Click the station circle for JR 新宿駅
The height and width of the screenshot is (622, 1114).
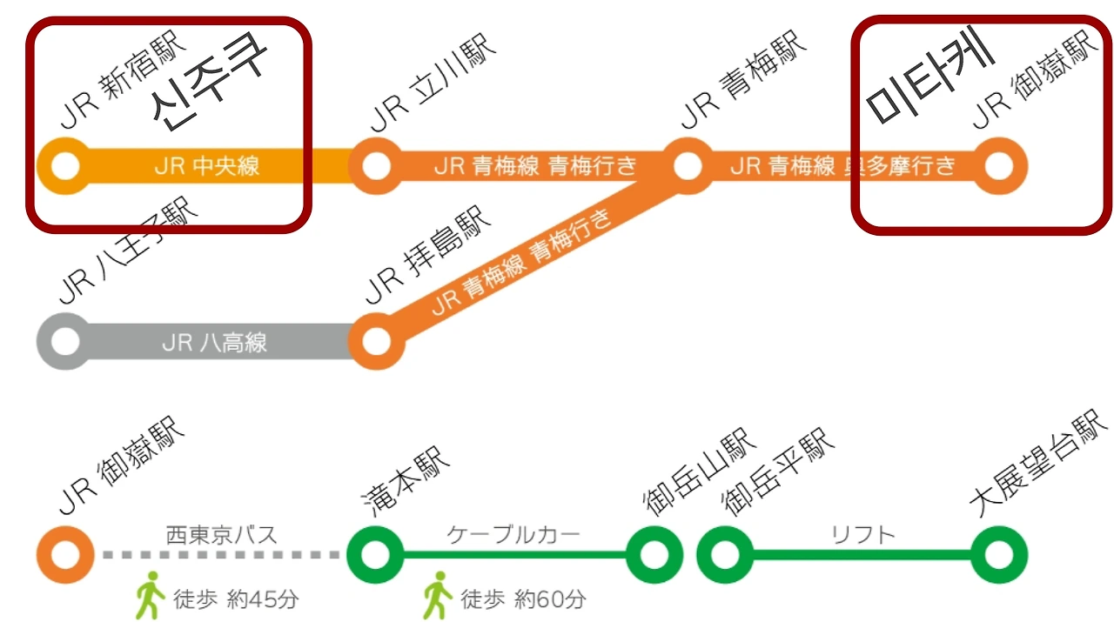pos(64,165)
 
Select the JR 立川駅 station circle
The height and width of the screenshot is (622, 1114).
pos(376,165)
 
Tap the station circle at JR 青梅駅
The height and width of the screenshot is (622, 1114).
pos(688,165)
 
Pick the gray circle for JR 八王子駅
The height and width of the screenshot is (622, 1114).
pos(64,342)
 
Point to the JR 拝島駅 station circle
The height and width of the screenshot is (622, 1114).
pos(376,342)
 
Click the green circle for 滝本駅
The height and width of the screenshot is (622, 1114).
pos(375,554)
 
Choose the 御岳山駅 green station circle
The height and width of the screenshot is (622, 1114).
pos(654,554)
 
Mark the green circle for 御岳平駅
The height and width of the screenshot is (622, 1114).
pos(724,554)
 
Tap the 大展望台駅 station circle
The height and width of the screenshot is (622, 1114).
pos(999,554)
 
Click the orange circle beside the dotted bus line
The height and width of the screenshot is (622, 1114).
pos(64,554)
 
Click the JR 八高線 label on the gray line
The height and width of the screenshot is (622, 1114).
pos(214,343)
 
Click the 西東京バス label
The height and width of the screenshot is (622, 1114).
pos(221,533)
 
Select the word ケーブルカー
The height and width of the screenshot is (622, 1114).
pos(513,533)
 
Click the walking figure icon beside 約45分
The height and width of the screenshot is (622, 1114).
pos(151,595)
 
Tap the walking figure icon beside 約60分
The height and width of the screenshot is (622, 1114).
pos(438,595)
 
